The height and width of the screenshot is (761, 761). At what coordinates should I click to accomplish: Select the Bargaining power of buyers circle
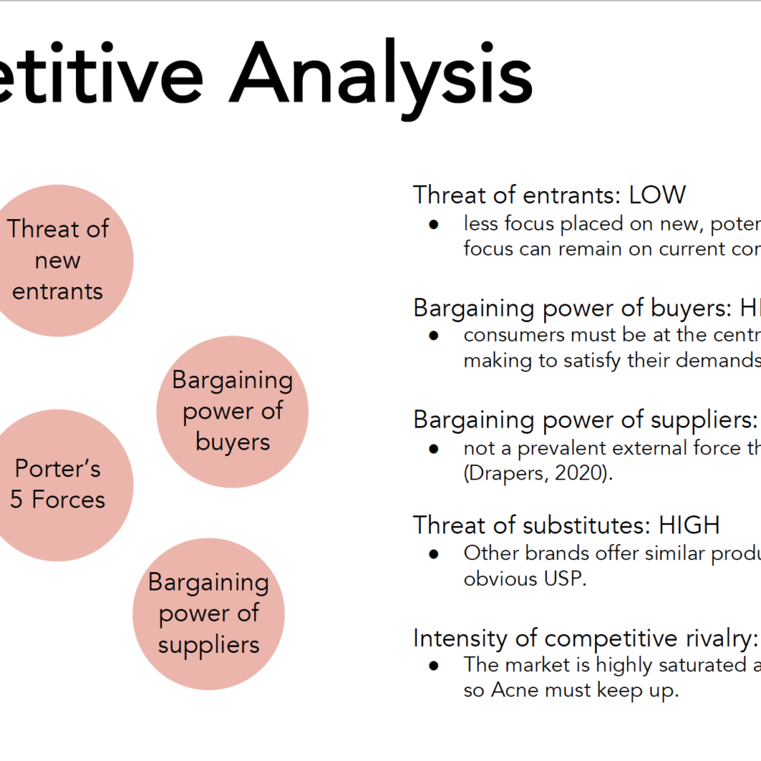[x=232, y=412]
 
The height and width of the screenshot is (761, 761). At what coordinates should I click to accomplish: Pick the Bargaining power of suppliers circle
[x=209, y=614]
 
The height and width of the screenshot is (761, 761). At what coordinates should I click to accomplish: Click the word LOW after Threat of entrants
[x=658, y=195]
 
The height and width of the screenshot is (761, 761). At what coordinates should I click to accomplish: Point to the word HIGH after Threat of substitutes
[x=689, y=525]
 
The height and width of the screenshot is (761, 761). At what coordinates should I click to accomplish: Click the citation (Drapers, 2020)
[x=538, y=473]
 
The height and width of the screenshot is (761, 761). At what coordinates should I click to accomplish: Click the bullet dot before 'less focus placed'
[x=434, y=224]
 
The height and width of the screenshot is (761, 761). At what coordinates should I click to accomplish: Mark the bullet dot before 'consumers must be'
[x=434, y=336]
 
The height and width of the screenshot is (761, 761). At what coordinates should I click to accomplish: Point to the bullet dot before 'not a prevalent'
[x=434, y=449]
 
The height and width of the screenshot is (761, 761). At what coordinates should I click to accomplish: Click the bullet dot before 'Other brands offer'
[x=434, y=554]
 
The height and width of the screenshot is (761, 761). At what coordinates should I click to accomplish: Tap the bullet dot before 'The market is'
[x=434, y=666]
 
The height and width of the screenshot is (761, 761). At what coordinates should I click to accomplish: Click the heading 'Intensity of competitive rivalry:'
[x=585, y=638]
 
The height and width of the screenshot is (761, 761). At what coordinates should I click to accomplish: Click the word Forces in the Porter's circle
[x=68, y=499]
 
